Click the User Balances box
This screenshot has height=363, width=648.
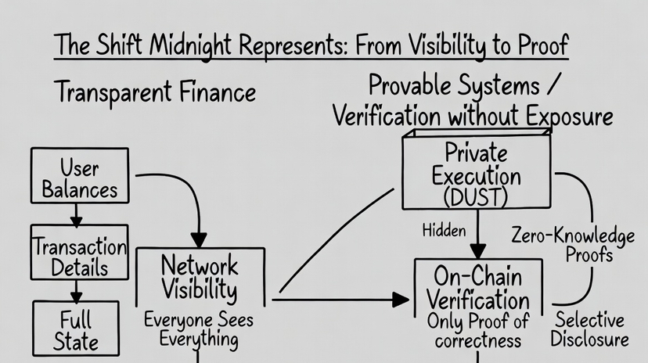(80, 175)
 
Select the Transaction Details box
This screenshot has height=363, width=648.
(79, 252)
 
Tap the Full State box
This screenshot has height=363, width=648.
(76, 329)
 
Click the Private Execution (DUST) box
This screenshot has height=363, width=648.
(477, 171)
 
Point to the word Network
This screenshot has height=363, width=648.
(200, 265)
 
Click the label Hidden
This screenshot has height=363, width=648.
(444, 231)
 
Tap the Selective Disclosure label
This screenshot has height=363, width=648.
(590, 329)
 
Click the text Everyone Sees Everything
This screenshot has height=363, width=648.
(199, 330)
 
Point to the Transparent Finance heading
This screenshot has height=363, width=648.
(155, 92)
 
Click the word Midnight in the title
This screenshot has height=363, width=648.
(190, 45)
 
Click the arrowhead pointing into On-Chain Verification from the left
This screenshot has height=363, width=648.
(401, 300)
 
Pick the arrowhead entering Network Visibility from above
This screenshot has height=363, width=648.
(199, 240)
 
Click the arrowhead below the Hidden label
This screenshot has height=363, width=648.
(478, 251)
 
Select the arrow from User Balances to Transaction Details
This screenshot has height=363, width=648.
(76, 214)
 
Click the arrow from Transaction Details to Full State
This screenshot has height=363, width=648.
(76, 291)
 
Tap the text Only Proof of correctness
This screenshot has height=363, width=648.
(478, 331)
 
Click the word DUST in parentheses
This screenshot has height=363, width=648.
(476, 197)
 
